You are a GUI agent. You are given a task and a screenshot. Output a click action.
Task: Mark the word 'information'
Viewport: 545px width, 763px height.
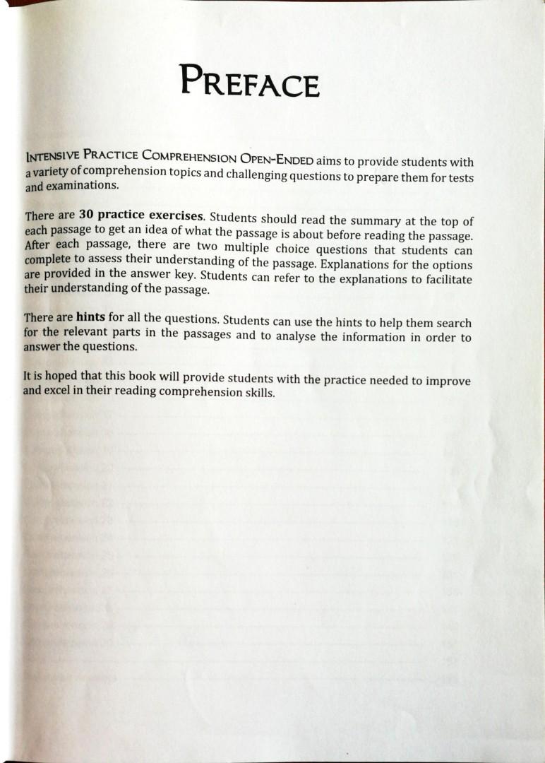[371, 337]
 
